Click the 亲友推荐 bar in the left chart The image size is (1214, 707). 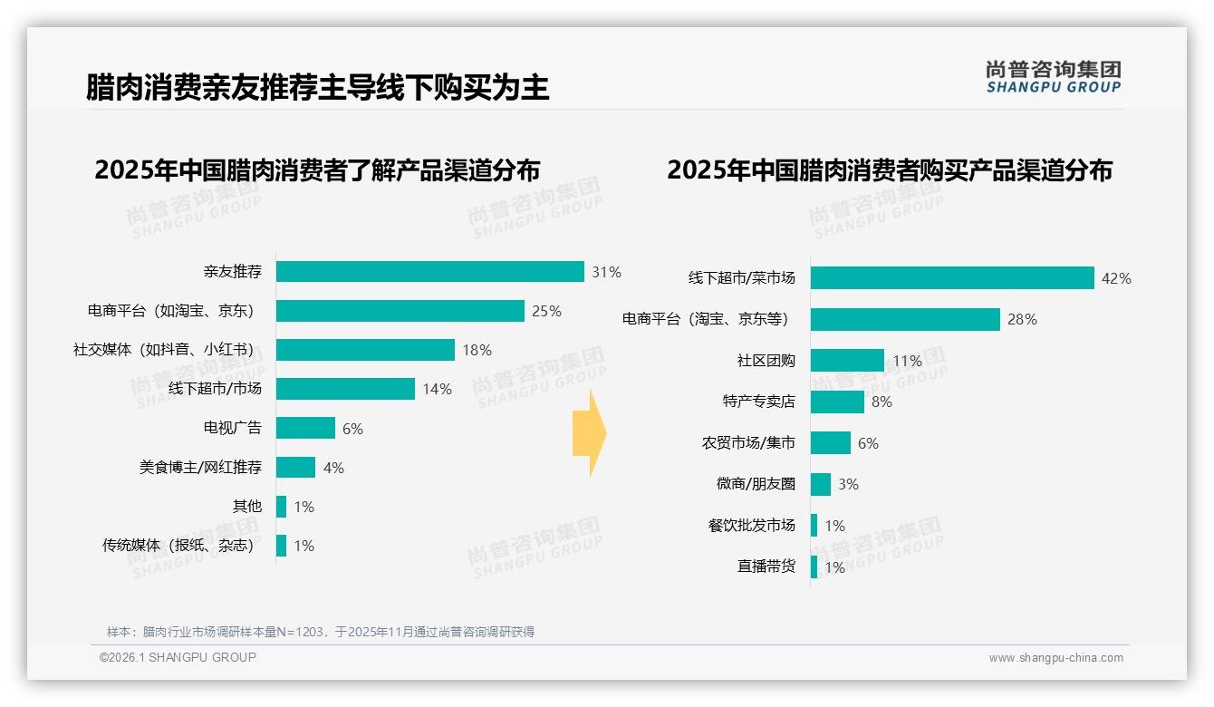pyautogui.click(x=429, y=272)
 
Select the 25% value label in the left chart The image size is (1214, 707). pyautogui.click(x=546, y=311)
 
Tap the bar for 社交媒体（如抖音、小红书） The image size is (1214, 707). pyautogui.click(x=365, y=350)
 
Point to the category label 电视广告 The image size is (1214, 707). pyautogui.click(x=232, y=428)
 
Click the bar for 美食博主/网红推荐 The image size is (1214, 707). pyautogui.click(x=295, y=468)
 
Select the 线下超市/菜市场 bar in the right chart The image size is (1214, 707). pyautogui.click(x=951, y=278)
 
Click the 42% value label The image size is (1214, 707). pyautogui.click(x=1115, y=278)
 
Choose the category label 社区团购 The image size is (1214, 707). pyautogui.click(x=766, y=361)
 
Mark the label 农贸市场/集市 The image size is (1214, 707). pyautogui.click(x=748, y=443)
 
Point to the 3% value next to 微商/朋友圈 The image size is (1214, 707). pyautogui.click(x=847, y=484)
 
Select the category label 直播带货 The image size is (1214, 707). pyautogui.click(x=766, y=567)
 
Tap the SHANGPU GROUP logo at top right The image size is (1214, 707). pyautogui.click(x=1053, y=77)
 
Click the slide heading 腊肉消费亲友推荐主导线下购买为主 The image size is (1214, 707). pyautogui.click(x=317, y=88)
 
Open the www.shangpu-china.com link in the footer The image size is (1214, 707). pyautogui.click(x=1055, y=658)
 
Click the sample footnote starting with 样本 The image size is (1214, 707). pyautogui.click(x=321, y=632)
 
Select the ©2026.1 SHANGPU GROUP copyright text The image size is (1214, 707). pyautogui.click(x=178, y=657)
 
